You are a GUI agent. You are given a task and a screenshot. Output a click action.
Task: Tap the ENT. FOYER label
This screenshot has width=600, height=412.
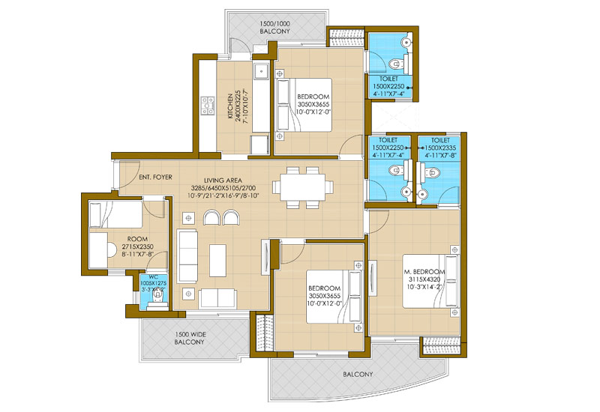tap(156, 178)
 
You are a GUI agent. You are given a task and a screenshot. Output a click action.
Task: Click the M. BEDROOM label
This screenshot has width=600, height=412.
tap(424, 271)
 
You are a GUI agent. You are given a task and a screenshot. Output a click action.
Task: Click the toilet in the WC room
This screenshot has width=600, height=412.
tap(157, 299)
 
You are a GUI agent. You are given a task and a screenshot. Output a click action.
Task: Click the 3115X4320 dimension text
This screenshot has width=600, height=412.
tap(424, 279)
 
